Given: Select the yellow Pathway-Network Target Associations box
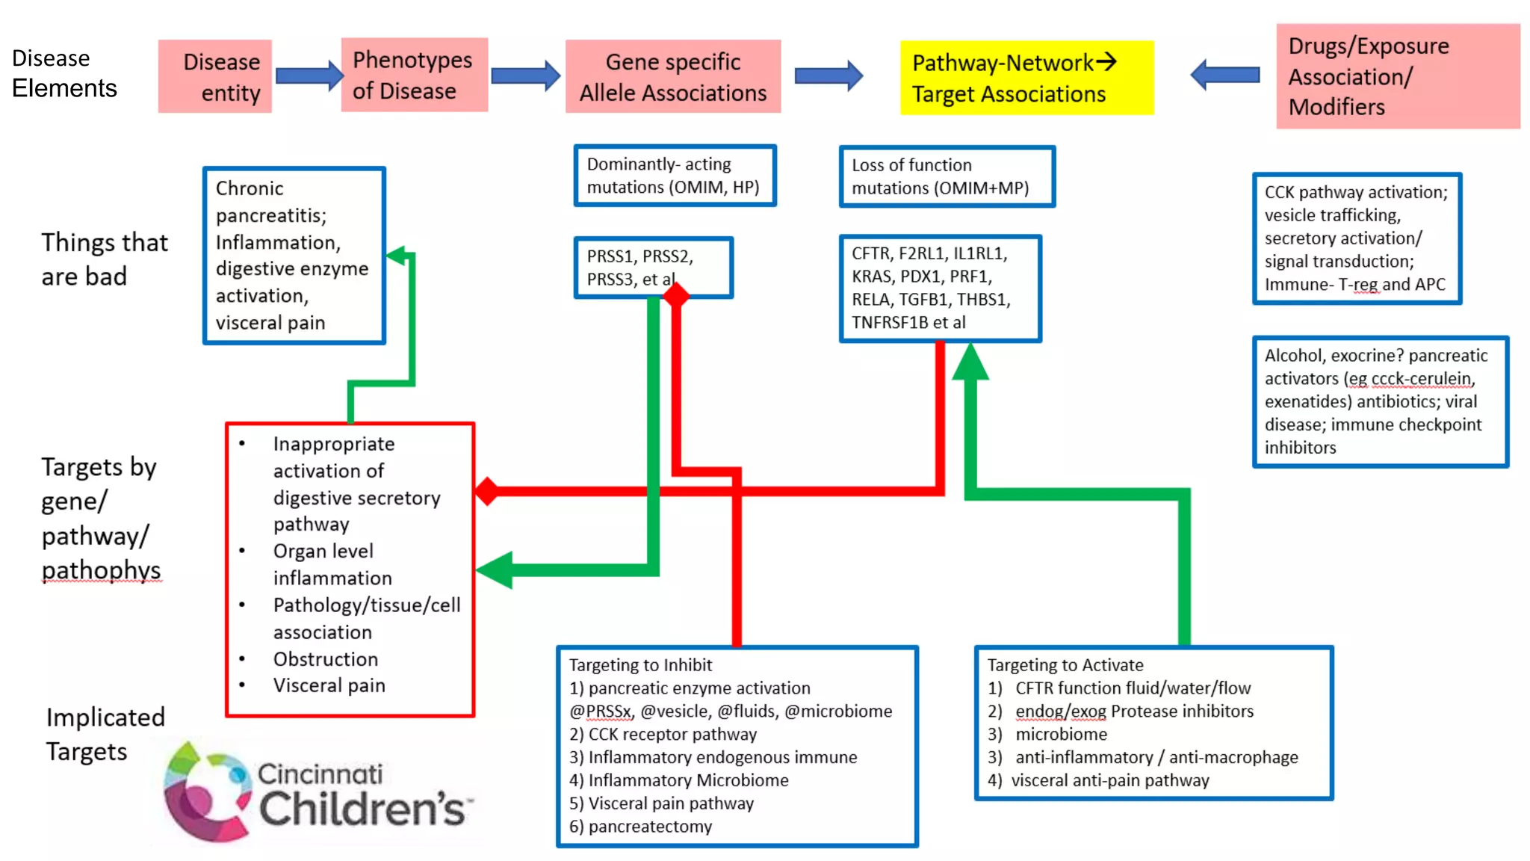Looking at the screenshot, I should tap(1026, 78).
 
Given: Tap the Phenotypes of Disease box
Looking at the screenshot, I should tap(414, 75).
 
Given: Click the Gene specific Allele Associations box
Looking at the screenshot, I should tap(672, 76).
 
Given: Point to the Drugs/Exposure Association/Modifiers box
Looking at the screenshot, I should tap(1397, 76).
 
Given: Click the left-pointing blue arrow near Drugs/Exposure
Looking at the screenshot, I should tap(1224, 75).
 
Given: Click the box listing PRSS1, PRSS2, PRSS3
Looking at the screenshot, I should tap(653, 268).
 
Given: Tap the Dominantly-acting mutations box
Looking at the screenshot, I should tap(675, 176).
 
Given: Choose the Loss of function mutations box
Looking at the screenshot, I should tap(947, 176).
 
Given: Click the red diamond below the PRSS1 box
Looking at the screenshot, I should tap(676, 296).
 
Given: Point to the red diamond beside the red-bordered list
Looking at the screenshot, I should tap(487, 491).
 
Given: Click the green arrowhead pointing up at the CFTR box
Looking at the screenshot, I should tap(970, 362).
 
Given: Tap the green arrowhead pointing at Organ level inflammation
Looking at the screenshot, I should tap(495, 570).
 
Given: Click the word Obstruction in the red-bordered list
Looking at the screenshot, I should tap(325, 659).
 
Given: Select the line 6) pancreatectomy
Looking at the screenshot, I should tap(641, 826).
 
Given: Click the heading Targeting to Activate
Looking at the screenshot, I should tap(1065, 664).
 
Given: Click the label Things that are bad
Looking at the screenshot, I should tap(104, 259).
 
